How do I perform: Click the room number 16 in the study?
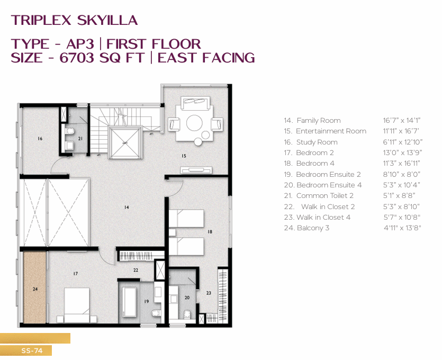(40, 138)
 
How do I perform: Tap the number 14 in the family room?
(127, 207)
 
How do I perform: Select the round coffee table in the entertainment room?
(194, 123)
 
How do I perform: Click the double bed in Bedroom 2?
(77, 305)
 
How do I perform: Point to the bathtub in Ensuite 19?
(129, 303)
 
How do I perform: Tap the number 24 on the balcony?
(35, 289)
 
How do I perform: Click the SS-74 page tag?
(32, 350)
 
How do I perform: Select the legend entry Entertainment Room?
(331, 131)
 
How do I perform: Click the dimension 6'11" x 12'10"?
(402, 142)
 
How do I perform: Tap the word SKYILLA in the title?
(107, 20)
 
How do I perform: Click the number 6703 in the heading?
(76, 58)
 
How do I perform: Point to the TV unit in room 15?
(196, 170)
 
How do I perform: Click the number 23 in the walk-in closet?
(209, 293)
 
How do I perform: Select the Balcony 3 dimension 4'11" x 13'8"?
(402, 228)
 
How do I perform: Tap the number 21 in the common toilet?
(80, 138)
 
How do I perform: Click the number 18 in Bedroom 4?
(210, 232)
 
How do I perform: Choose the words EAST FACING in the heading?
(206, 58)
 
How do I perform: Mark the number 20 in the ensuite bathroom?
(187, 298)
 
